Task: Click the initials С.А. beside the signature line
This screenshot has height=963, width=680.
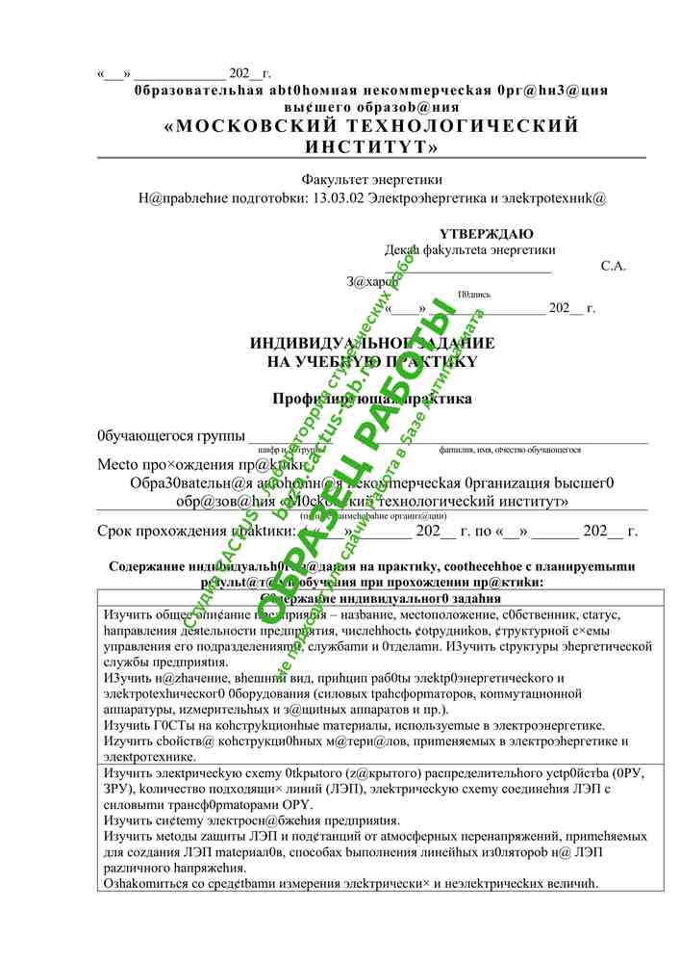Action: (613, 266)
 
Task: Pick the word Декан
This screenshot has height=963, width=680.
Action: (402, 249)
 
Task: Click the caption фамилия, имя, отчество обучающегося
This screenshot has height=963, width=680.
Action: (510, 450)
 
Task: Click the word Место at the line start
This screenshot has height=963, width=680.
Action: (119, 464)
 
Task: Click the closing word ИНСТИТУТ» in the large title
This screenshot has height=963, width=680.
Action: (371, 147)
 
